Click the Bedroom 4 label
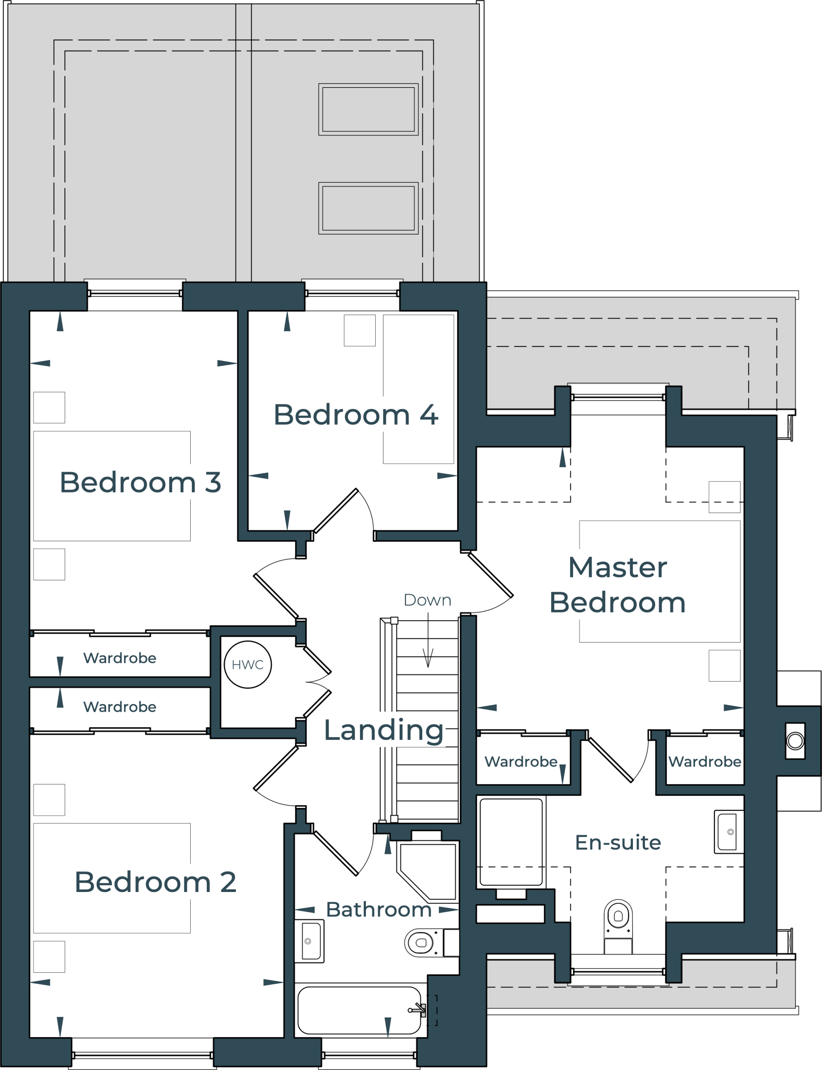(355, 415)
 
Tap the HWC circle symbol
(247, 665)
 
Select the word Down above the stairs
(427, 600)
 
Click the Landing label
(384, 730)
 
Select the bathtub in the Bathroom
(360, 1010)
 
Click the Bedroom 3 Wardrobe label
(120, 658)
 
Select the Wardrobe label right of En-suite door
(704, 762)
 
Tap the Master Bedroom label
(618, 585)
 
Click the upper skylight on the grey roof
(368, 109)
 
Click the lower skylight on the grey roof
(368, 208)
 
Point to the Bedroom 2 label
(156, 882)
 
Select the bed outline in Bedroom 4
(418, 389)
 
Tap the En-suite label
(618, 842)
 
